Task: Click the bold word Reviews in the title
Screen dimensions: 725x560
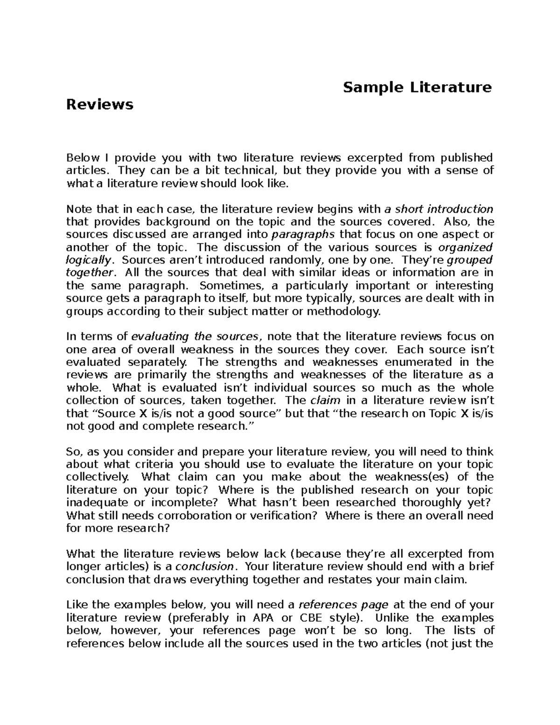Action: click(100, 104)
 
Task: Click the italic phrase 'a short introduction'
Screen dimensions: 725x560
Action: click(438, 209)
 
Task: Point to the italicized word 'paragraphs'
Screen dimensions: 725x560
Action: click(303, 234)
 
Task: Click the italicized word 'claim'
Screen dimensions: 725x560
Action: click(325, 401)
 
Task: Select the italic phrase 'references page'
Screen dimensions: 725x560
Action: click(343, 605)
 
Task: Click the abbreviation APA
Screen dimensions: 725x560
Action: click(265, 618)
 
